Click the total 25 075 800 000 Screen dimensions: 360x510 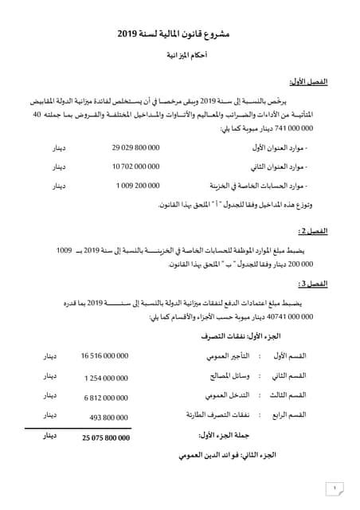104,437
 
